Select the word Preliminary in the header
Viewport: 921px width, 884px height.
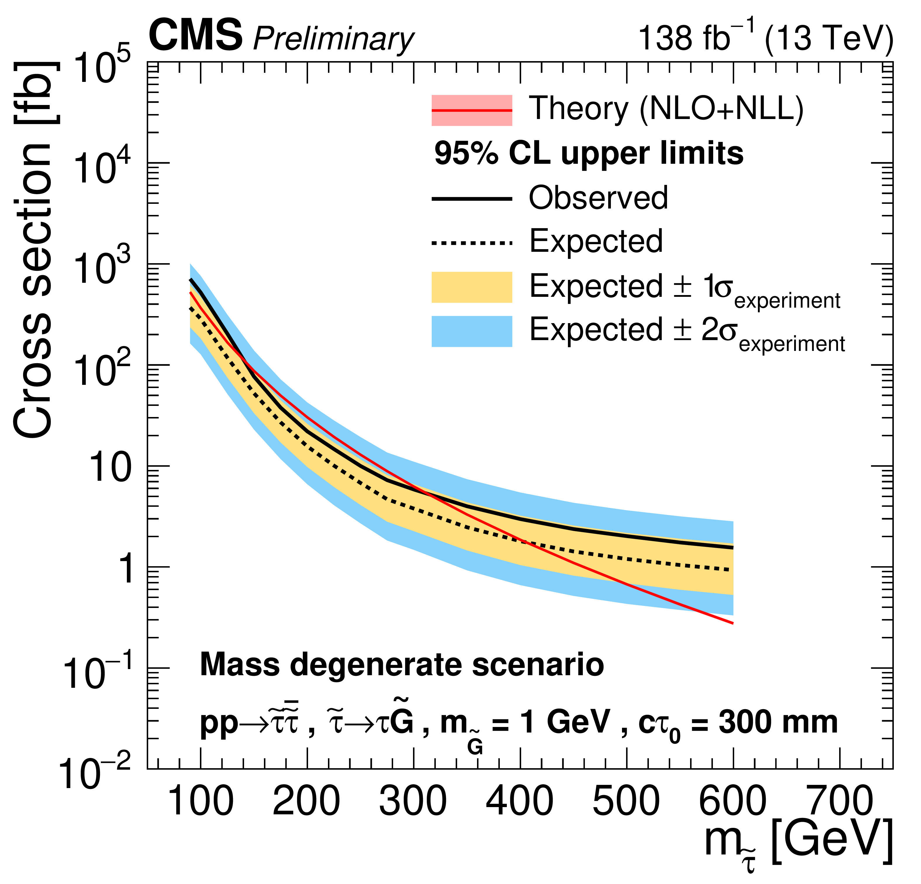click(x=333, y=39)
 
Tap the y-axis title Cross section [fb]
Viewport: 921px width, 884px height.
click(x=33, y=249)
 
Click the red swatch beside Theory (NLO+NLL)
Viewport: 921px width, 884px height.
click(x=472, y=111)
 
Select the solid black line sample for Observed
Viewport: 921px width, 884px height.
click(x=472, y=199)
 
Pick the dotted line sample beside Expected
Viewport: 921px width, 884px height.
click(x=472, y=243)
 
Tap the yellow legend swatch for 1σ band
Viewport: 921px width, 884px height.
click(x=472, y=287)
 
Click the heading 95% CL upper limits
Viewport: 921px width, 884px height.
click(x=589, y=154)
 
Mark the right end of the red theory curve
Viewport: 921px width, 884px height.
click(x=732, y=623)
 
